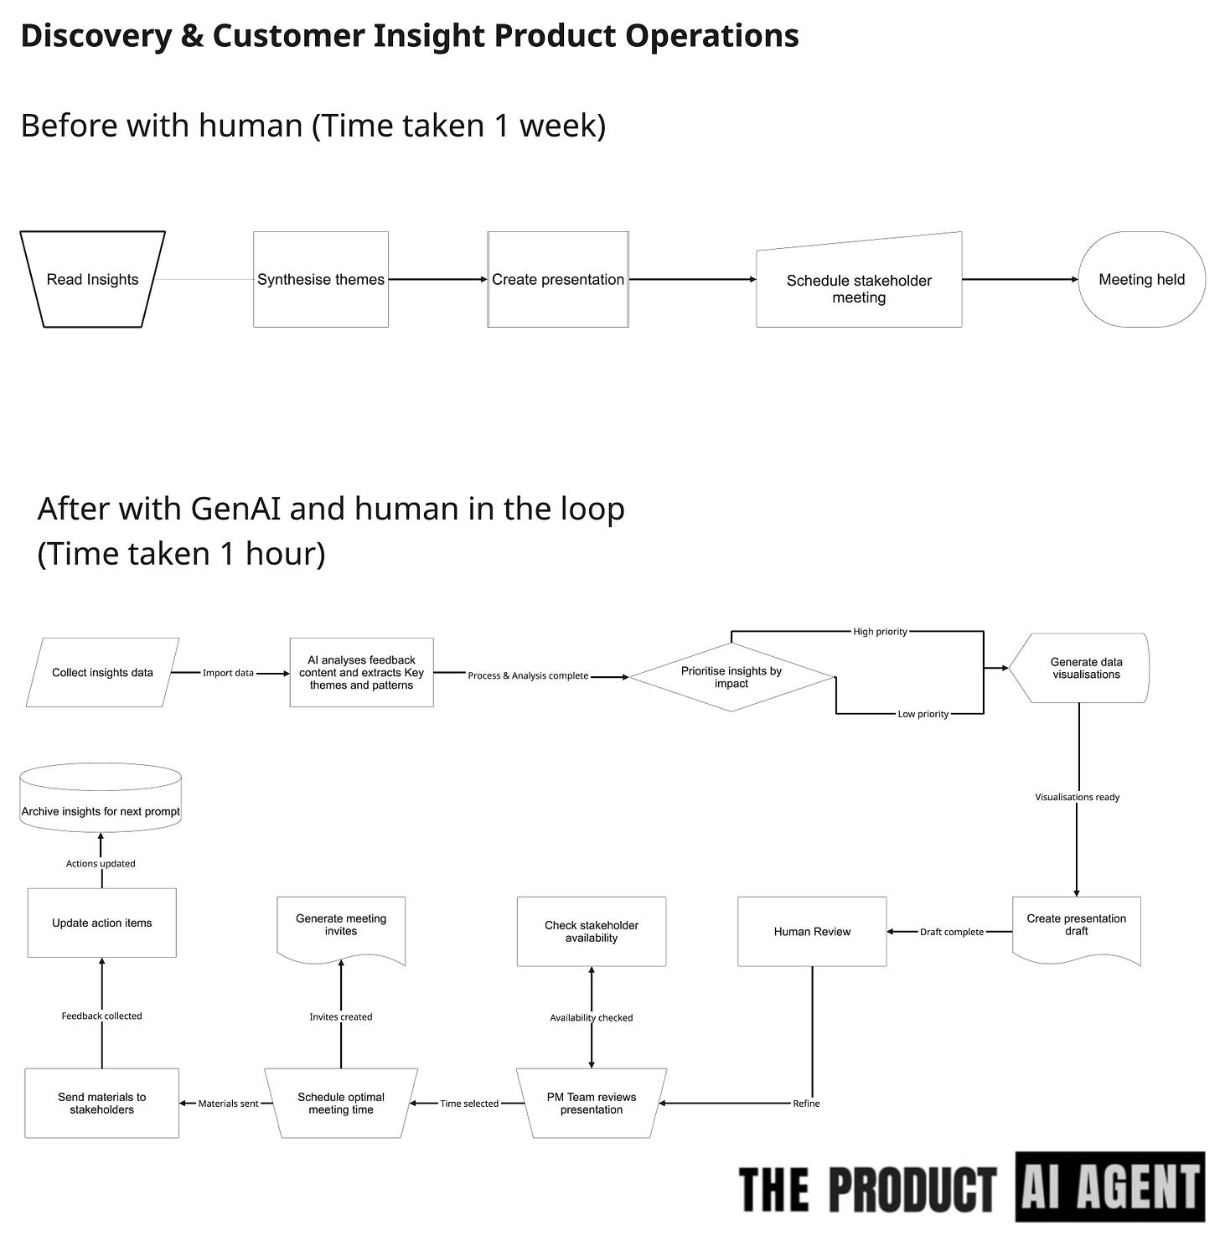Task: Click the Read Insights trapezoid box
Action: click(92, 279)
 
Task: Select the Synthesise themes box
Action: click(321, 279)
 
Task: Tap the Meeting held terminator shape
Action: click(1141, 279)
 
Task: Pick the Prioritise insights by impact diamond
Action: click(731, 677)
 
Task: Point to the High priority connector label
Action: click(880, 632)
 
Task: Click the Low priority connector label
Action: click(923, 714)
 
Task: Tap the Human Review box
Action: click(812, 932)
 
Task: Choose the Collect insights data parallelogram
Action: click(102, 672)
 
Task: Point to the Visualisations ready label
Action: click(1077, 797)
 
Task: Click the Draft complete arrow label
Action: click(952, 932)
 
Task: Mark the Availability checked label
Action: click(592, 1017)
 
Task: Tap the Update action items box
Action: click(102, 923)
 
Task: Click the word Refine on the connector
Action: click(806, 1104)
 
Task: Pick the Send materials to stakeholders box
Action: click(101, 1103)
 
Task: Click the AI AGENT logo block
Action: click(1110, 1187)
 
